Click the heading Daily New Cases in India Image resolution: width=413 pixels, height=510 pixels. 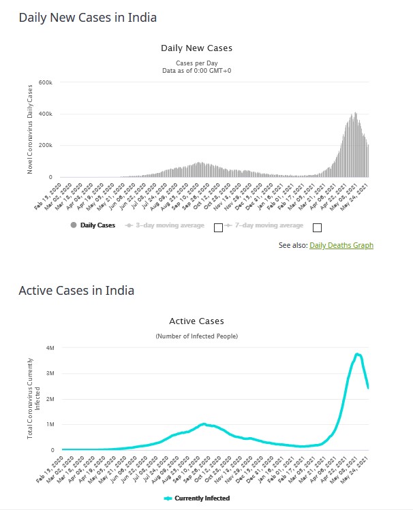(87, 18)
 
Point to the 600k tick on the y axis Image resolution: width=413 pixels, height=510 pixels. (46, 82)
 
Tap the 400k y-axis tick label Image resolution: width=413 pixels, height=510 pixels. (46, 114)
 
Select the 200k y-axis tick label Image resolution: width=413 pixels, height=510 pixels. (46, 146)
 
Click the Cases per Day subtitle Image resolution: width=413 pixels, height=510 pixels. (196, 63)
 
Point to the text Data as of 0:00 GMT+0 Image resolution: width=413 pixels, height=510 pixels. (196, 70)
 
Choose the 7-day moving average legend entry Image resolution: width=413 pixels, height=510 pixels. (265, 225)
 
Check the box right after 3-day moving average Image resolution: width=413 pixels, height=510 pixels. (218, 227)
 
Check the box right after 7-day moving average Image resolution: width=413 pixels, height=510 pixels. (317, 227)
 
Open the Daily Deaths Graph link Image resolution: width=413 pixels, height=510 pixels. (341, 245)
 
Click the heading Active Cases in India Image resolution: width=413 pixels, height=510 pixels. (76, 291)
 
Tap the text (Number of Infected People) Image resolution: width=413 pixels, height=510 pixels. (196, 336)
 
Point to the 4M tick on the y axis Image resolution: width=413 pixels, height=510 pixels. (50, 348)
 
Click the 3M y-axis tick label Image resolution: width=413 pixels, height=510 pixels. (50, 374)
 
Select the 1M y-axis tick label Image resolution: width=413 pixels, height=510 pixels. (50, 425)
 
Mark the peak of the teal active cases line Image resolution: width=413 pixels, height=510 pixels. (357, 354)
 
